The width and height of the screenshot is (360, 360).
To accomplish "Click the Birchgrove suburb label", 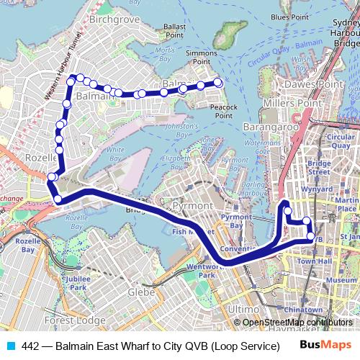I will click(x=112, y=19).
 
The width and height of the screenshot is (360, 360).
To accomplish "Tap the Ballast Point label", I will click(x=174, y=30).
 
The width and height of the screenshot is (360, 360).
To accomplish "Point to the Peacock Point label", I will click(x=224, y=111).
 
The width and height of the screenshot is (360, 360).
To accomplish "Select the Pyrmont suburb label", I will click(x=193, y=206).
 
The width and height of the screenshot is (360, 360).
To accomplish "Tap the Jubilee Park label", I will click(x=74, y=283).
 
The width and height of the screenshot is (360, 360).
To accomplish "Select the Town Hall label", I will click(x=313, y=261).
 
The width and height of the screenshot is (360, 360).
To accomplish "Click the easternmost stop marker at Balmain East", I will click(x=218, y=84).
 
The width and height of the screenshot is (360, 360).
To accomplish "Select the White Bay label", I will click(x=114, y=154).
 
